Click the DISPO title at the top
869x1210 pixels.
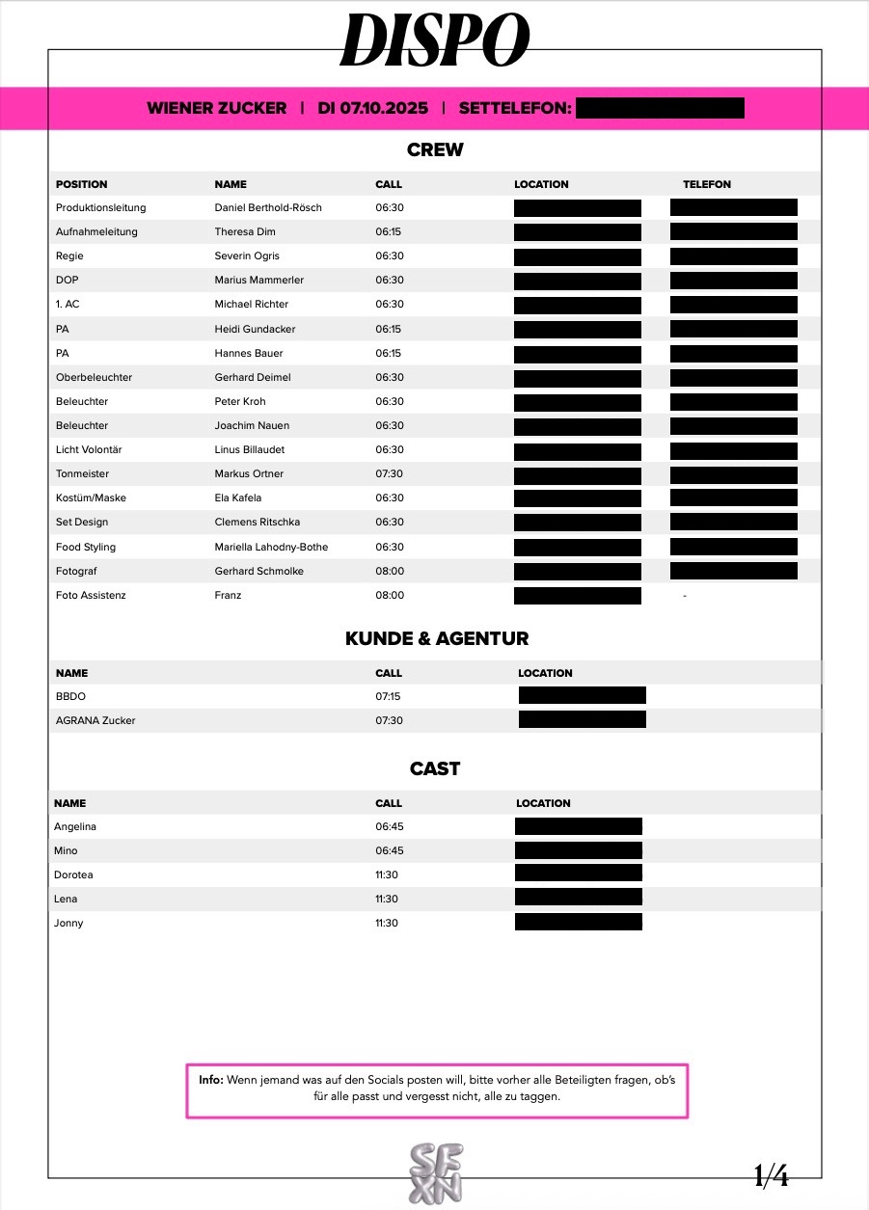[x=435, y=40]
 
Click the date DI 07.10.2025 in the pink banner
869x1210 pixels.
[x=372, y=108]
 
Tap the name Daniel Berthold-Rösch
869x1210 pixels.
[x=268, y=207]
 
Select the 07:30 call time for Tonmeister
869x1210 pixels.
[x=390, y=473]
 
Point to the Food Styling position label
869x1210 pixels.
[x=86, y=547]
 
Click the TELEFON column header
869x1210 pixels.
[x=707, y=184]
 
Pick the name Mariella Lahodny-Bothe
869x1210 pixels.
[x=271, y=547]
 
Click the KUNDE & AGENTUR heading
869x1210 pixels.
[x=437, y=638]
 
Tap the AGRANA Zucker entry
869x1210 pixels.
[x=95, y=720]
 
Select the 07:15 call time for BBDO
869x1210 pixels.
[x=389, y=696]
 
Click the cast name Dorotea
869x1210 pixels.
[x=74, y=874]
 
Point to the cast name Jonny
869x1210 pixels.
[x=69, y=923]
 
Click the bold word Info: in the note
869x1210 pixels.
[x=211, y=1081]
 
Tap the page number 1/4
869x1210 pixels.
[x=771, y=1175]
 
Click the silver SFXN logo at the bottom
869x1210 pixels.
[x=436, y=1172]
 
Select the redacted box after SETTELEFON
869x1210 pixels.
[x=660, y=108]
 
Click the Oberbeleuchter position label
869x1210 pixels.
[x=95, y=377]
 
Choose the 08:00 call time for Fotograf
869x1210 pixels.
[x=390, y=571]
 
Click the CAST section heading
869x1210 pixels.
[x=435, y=768]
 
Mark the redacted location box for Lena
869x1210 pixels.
[x=579, y=899]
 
